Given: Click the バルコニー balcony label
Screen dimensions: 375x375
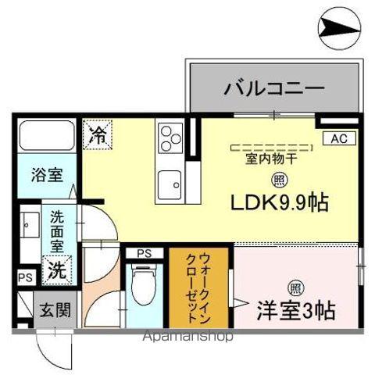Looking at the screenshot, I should point(273,88).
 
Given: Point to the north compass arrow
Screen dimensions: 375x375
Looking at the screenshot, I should point(340,30).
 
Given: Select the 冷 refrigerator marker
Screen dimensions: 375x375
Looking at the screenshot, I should point(98,134).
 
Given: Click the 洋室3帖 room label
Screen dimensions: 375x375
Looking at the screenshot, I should point(296,310).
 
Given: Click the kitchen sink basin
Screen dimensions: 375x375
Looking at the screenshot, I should point(169,184).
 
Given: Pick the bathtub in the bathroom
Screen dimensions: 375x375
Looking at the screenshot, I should point(45,137).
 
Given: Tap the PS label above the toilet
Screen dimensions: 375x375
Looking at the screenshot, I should point(145,253).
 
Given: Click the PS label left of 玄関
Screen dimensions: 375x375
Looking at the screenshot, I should point(23,277).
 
